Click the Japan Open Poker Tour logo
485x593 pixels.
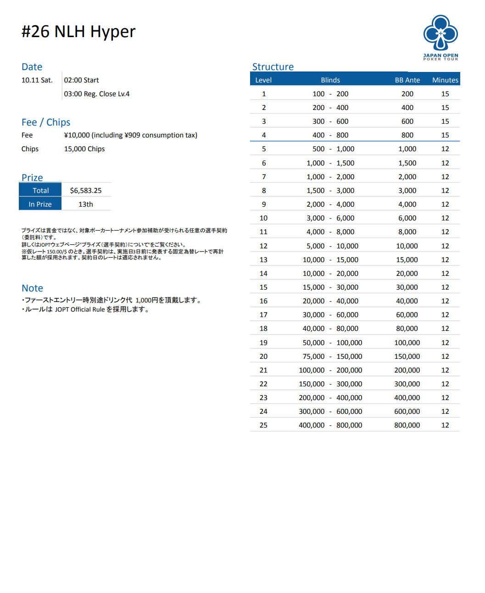pyautogui.click(x=440, y=37)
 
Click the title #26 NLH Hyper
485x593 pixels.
pyautogui.click(x=78, y=32)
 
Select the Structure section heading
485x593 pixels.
pyautogui.click(x=273, y=67)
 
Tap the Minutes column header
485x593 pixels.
pyautogui.click(x=445, y=80)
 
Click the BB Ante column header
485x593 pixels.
pyautogui.click(x=407, y=80)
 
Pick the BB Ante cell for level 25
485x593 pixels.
pyautogui.click(x=407, y=425)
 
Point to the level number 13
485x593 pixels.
pyautogui.click(x=263, y=260)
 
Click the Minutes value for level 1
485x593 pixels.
pyautogui.click(x=445, y=94)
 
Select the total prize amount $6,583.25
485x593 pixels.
pyautogui.click(x=86, y=191)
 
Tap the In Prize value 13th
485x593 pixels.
pyautogui.click(x=86, y=204)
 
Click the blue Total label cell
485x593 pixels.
pyautogui.click(x=40, y=191)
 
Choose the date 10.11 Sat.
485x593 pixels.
pyautogui.click(x=37, y=80)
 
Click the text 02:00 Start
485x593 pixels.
pyautogui.click(x=81, y=80)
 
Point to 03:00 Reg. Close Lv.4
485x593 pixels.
pyautogui.click(x=97, y=94)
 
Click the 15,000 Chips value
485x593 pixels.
pyautogui.click(x=84, y=149)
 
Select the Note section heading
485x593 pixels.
pyautogui.click(x=32, y=288)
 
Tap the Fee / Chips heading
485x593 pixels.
pyautogui.click(x=46, y=122)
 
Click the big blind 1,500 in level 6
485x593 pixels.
pyautogui.click(x=345, y=163)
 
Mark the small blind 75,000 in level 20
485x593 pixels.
pyautogui.click(x=313, y=357)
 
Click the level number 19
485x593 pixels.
pyautogui.click(x=263, y=343)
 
